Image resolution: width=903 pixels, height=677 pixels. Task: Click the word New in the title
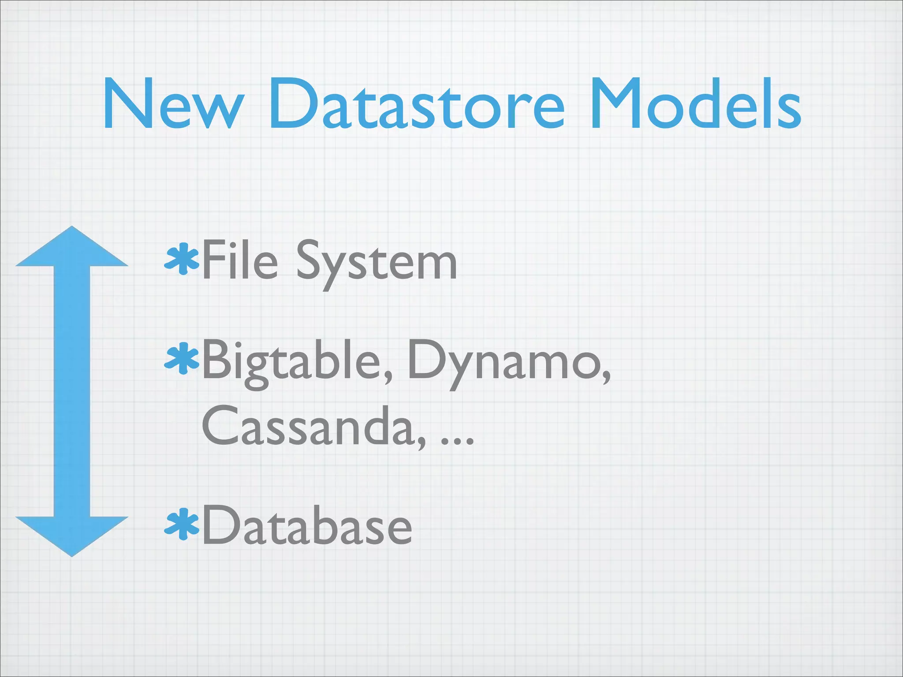click(173, 104)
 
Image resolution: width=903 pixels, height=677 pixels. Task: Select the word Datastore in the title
click(416, 104)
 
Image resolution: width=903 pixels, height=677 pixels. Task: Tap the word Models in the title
click(696, 104)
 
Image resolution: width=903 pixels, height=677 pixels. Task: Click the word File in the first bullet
click(240, 261)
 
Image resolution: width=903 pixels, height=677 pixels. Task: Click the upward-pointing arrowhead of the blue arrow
click(72, 249)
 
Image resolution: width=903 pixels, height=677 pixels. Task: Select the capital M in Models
click(615, 104)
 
